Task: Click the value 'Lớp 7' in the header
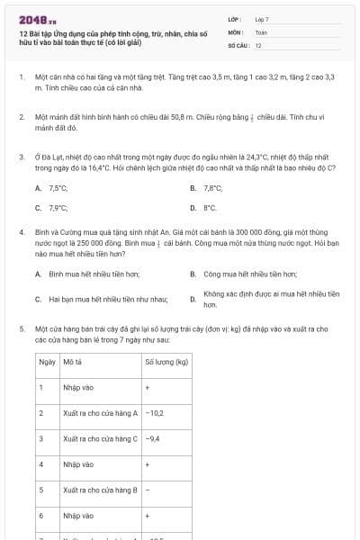(262, 19)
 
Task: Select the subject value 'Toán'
(261, 31)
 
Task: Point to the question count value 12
(258, 44)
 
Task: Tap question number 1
(21, 78)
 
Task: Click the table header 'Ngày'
(47, 362)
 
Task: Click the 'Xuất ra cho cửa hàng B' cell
(101, 490)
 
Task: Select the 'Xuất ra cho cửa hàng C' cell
(101, 439)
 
